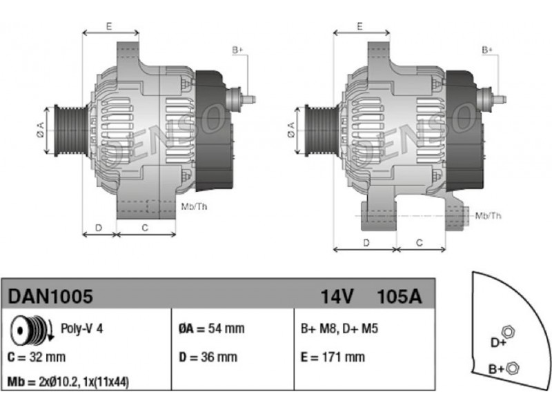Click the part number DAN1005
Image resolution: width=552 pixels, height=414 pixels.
[50, 296]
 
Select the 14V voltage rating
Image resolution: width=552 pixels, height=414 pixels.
[337, 297]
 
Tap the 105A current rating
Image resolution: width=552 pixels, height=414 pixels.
[399, 297]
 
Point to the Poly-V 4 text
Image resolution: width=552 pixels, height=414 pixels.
[81, 328]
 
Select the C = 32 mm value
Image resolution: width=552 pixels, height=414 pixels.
[37, 357]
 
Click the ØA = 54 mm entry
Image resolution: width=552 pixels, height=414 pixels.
[212, 328]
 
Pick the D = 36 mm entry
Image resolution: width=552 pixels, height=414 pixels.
[208, 357]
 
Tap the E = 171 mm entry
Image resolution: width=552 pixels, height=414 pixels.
[333, 357]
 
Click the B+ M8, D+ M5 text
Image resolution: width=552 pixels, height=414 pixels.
[339, 328]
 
